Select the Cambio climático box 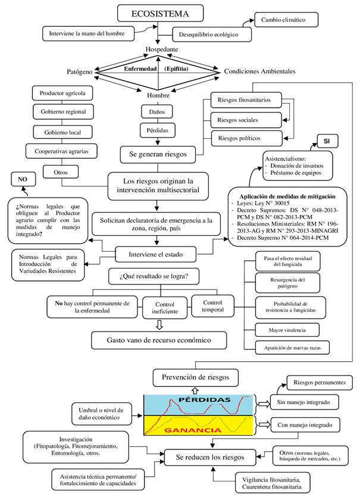tap(283, 20)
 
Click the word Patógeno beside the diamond tap(79, 72)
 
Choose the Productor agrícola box tap(62, 93)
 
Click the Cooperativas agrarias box tap(62, 151)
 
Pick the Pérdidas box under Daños tap(157, 129)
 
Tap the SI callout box tap(327, 141)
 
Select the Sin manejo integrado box tap(303, 402)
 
